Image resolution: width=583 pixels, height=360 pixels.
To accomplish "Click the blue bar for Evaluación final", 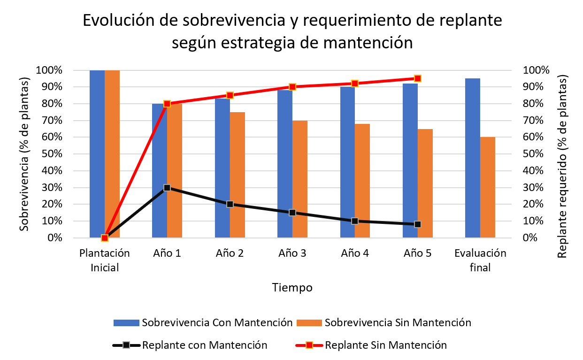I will (x=472, y=158).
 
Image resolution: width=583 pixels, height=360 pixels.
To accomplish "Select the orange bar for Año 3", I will (x=300, y=179).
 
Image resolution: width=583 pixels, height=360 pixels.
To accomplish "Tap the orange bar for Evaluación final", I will (x=488, y=187).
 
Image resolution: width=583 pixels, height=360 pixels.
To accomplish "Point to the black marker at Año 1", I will (x=167, y=188).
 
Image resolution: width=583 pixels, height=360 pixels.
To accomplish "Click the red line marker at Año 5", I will (x=418, y=78).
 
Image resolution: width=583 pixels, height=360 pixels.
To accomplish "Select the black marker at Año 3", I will (x=292, y=213).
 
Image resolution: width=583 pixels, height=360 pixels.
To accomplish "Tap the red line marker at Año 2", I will (x=230, y=95).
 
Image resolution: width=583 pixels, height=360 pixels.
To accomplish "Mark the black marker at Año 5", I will (x=418, y=224).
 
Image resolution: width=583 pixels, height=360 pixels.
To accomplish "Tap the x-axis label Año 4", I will (x=355, y=253).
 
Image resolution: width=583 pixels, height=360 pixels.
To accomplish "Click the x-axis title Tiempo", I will (x=292, y=287).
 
